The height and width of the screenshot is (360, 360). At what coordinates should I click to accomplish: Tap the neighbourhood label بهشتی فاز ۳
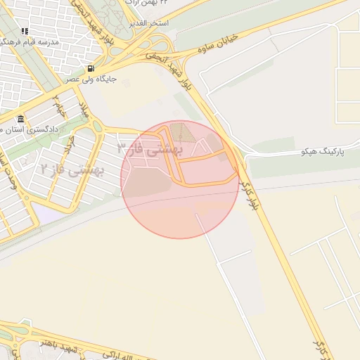149,148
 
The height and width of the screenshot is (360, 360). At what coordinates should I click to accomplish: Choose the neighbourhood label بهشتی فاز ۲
72,169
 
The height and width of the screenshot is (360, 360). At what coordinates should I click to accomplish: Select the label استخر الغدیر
147,23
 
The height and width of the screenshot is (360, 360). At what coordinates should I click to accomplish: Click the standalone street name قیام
60,110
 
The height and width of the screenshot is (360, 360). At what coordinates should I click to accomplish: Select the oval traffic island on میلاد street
98,127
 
